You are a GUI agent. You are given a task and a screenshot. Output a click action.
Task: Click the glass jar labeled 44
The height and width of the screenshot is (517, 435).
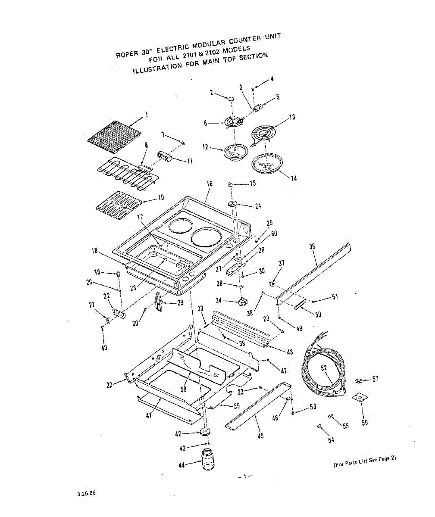tap(208, 459)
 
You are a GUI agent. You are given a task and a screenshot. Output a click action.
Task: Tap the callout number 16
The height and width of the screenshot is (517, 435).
tap(210, 184)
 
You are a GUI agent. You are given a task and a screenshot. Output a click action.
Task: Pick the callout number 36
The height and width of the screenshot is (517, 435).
tap(313, 246)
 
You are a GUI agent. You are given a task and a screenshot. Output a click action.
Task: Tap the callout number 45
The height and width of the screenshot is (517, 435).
tap(260, 436)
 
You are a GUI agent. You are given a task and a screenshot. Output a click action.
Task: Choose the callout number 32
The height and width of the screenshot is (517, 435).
tap(110, 385)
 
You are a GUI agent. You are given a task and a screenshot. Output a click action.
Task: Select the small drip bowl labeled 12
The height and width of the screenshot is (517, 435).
tap(235, 152)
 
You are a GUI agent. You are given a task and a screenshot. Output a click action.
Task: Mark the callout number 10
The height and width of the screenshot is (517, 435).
tap(161, 198)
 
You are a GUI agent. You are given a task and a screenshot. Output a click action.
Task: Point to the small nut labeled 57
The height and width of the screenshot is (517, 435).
tap(358, 380)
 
